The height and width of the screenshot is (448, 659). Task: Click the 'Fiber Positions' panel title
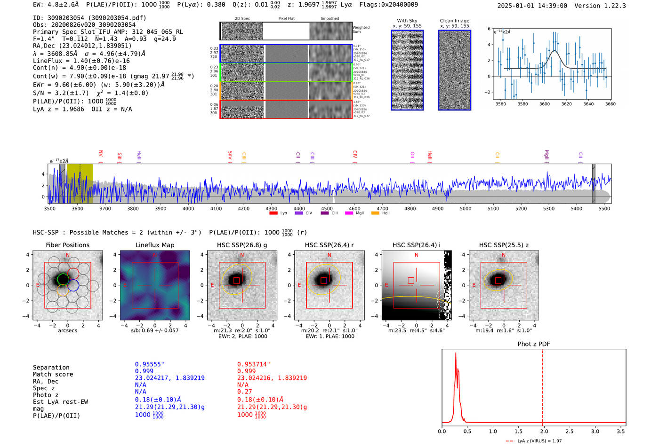[67, 245]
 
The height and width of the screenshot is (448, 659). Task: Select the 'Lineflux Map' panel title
[154, 245]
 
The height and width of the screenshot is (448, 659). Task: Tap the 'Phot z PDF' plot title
[533, 344]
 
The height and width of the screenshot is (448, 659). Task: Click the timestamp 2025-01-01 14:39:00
[532, 6]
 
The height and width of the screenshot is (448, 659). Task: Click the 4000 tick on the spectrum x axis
[188, 209]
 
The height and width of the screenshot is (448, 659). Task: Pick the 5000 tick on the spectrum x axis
[466, 209]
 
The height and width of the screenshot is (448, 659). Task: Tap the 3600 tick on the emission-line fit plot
[545, 104]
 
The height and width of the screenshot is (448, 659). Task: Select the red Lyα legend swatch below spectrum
[273, 213]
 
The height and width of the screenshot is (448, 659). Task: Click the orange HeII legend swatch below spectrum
[375, 213]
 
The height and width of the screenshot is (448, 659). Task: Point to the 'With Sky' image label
[407, 21]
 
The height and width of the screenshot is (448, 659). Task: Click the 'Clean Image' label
[454, 21]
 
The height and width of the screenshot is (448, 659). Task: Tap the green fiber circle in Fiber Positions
[63, 280]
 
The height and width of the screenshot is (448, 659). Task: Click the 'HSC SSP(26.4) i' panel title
[416, 245]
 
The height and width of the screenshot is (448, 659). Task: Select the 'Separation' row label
[51, 368]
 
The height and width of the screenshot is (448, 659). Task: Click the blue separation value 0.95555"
[149, 364]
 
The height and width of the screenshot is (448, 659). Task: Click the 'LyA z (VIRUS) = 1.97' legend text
[539, 441]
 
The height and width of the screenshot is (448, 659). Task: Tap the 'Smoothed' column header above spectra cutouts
[329, 19]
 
